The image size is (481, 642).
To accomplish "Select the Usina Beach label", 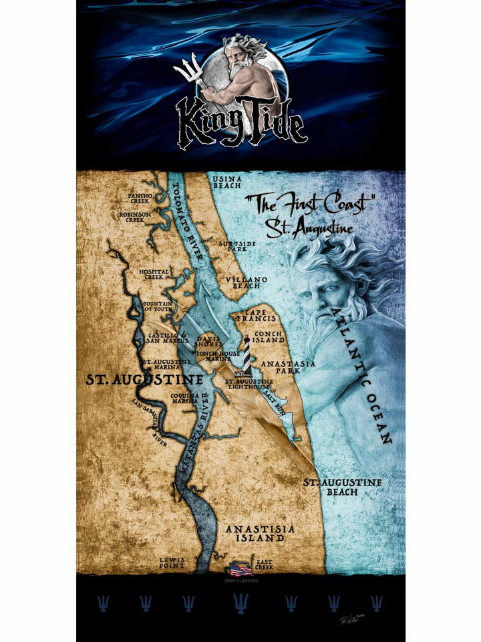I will click(226, 183).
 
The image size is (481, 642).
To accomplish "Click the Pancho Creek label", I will click(140, 199).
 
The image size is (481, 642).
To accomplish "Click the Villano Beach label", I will click(247, 282).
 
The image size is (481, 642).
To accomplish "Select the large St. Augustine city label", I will click(144, 380).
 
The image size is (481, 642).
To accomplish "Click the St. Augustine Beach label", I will click(342, 487).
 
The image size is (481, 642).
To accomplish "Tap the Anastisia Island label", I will click(260, 533).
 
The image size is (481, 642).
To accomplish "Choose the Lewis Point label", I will click(172, 563).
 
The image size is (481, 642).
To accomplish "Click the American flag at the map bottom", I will click(240, 569).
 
